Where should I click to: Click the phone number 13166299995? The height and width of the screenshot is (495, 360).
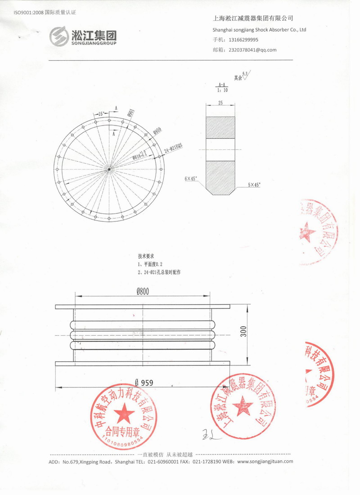pyautogui.click(x=247, y=40)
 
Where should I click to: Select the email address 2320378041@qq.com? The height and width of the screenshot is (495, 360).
pyautogui.click(x=252, y=50)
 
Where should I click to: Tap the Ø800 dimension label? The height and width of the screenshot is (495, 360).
pyautogui.click(x=143, y=291)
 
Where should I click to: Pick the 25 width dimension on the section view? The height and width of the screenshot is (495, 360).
pyautogui.click(x=220, y=103)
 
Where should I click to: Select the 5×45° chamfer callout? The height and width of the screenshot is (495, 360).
pyautogui.click(x=254, y=184)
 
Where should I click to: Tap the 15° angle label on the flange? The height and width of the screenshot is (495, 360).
pyautogui.click(x=101, y=113)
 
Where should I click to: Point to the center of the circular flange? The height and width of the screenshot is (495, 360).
pyautogui.click(x=110, y=169)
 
